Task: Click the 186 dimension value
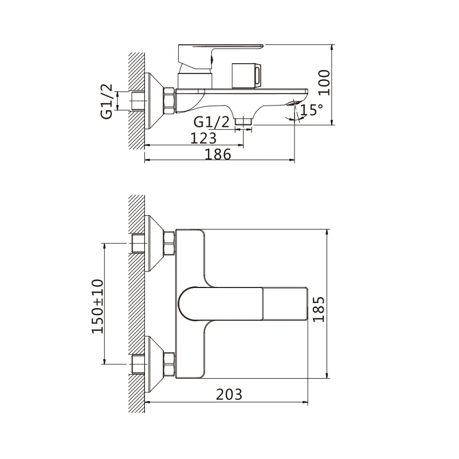pyautogui.click(x=218, y=154)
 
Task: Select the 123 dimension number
pyautogui.click(x=203, y=138)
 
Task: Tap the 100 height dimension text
pyautogui.click(x=324, y=83)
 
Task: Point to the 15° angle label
pyautogui.click(x=312, y=110)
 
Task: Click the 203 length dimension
pyautogui.click(x=229, y=394)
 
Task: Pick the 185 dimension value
pyautogui.click(x=319, y=309)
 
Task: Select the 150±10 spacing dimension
pyautogui.click(x=98, y=306)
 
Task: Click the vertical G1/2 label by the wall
pyautogui.click(x=107, y=101)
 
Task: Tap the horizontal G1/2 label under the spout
pyautogui.click(x=211, y=122)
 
